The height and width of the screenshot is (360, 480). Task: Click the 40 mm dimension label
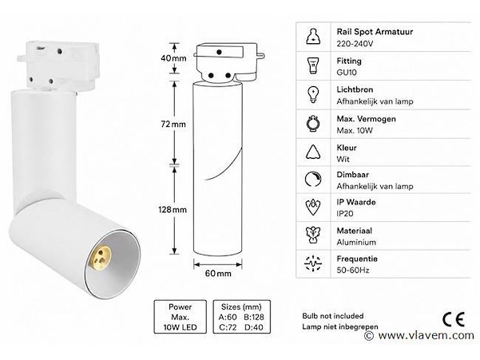point(173,57)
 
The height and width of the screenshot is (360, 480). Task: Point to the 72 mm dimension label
point(173,125)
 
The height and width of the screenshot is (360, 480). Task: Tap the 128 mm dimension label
point(173,209)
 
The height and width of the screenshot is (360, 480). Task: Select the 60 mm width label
point(218,273)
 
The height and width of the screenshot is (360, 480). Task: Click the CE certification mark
point(454,319)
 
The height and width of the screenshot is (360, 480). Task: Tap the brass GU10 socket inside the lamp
point(101,256)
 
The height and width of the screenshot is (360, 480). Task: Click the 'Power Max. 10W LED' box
point(180,317)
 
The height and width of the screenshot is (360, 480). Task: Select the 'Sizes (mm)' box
point(241,317)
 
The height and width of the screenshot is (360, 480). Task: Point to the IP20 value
point(345,213)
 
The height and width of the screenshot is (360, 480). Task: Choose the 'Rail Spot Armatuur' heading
point(375,32)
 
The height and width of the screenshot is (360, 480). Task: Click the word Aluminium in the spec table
point(356,242)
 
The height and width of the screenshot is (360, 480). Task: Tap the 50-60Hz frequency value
point(353,270)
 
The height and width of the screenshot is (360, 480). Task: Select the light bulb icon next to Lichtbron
point(313,94)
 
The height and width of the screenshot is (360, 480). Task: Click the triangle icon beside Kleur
point(313,152)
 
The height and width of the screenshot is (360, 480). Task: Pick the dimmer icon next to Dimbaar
point(313,180)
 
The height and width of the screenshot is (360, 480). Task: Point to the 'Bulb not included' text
point(333,315)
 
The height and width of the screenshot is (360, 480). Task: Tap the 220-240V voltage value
point(355,44)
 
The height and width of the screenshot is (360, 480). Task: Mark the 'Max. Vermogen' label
point(366,119)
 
